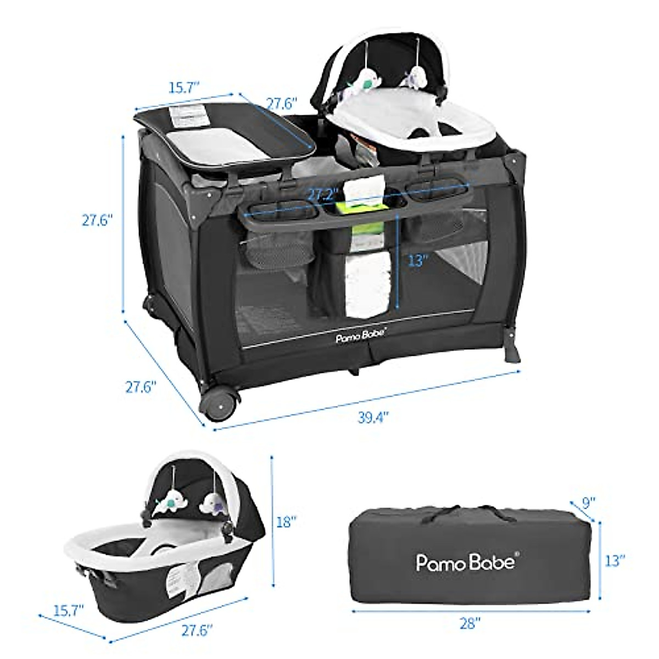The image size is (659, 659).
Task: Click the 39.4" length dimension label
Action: [373, 417]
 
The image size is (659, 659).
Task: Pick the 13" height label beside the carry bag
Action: [615, 561]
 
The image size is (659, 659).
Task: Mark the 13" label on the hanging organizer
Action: [417, 260]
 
